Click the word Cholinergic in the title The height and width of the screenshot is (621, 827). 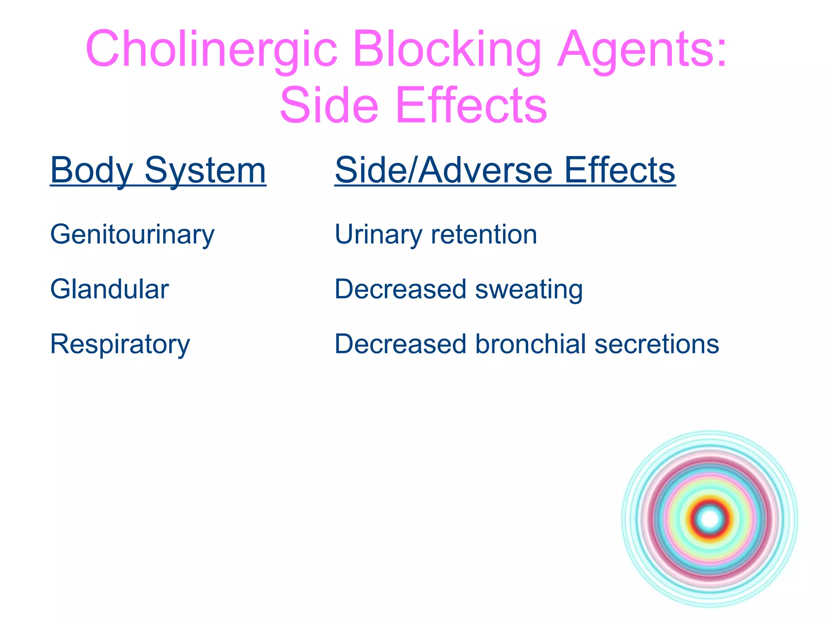211,49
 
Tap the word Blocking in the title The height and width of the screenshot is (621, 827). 447,49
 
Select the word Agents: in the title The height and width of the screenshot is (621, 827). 642,49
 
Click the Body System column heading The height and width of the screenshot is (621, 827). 158,170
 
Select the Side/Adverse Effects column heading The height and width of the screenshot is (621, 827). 505,170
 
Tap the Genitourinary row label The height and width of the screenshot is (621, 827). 132,234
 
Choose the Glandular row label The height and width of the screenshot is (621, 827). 109,289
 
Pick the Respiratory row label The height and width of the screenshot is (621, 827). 120,344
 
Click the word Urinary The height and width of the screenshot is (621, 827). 378,234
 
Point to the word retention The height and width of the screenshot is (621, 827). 484,234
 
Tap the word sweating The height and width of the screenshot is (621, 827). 529,289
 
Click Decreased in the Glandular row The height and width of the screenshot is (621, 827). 400,289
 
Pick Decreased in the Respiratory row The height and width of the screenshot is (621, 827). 400,344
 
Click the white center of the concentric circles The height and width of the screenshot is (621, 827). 710,519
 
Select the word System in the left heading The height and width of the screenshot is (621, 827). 205,170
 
